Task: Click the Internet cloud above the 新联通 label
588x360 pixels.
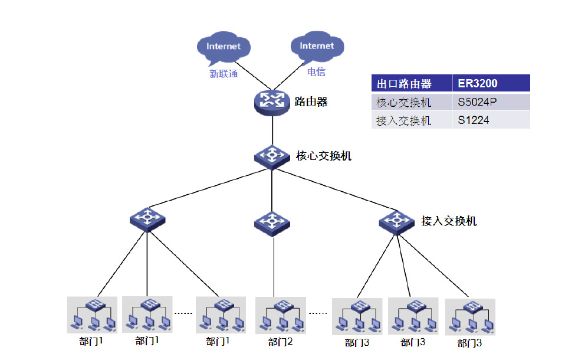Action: pos(224,47)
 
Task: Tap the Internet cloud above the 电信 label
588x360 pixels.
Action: pos(316,47)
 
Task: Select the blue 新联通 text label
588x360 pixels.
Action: pos(224,74)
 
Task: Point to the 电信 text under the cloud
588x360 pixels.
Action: pos(316,72)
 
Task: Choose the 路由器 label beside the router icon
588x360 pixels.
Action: pos(311,102)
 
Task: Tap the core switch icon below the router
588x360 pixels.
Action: pos(272,156)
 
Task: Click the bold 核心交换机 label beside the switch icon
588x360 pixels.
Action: pos(323,156)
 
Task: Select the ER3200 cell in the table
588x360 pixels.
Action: pos(478,83)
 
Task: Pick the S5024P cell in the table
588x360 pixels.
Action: pos(478,102)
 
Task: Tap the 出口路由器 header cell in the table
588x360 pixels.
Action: pos(404,83)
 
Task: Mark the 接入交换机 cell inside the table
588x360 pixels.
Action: pos(404,120)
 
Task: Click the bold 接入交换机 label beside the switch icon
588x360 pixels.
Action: pos(449,221)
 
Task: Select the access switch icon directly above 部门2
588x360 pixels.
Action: pos(272,222)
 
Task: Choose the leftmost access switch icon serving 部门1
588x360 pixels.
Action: pos(147,219)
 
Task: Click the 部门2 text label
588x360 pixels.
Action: pos(280,342)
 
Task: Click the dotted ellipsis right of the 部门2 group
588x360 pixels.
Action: pos(318,313)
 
